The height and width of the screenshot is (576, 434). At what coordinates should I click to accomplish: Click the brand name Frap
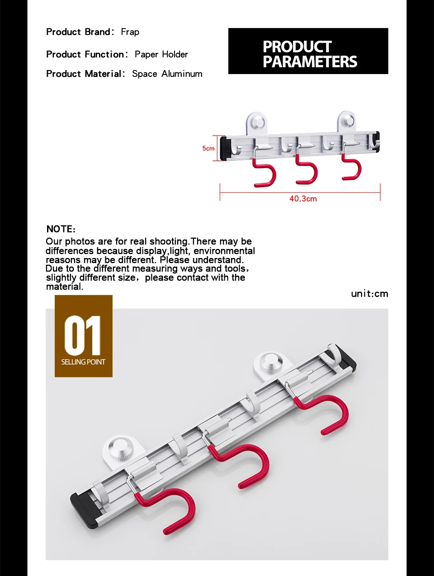(x=130, y=32)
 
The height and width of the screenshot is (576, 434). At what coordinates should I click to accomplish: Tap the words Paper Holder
(x=161, y=55)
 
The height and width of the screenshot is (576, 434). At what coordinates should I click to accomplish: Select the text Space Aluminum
(x=167, y=74)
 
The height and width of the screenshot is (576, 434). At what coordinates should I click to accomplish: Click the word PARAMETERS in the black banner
(x=310, y=62)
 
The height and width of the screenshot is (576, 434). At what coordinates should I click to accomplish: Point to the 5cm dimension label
(x=208, y=148)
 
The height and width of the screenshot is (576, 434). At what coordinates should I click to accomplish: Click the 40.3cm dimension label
(x=303, y=199)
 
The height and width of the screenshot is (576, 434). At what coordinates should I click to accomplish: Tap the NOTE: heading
(x=61, y=229)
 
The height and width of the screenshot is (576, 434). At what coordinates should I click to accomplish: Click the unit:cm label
(x=369, y=294)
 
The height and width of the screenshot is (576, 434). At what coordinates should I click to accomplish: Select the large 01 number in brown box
(x=83, y=335)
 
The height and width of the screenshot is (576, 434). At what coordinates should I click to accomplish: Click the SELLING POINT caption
(x=83, y=362)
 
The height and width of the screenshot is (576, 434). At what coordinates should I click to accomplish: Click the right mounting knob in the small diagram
(x=347, y=121)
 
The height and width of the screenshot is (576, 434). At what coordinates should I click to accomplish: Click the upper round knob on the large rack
(x=270, y=364)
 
